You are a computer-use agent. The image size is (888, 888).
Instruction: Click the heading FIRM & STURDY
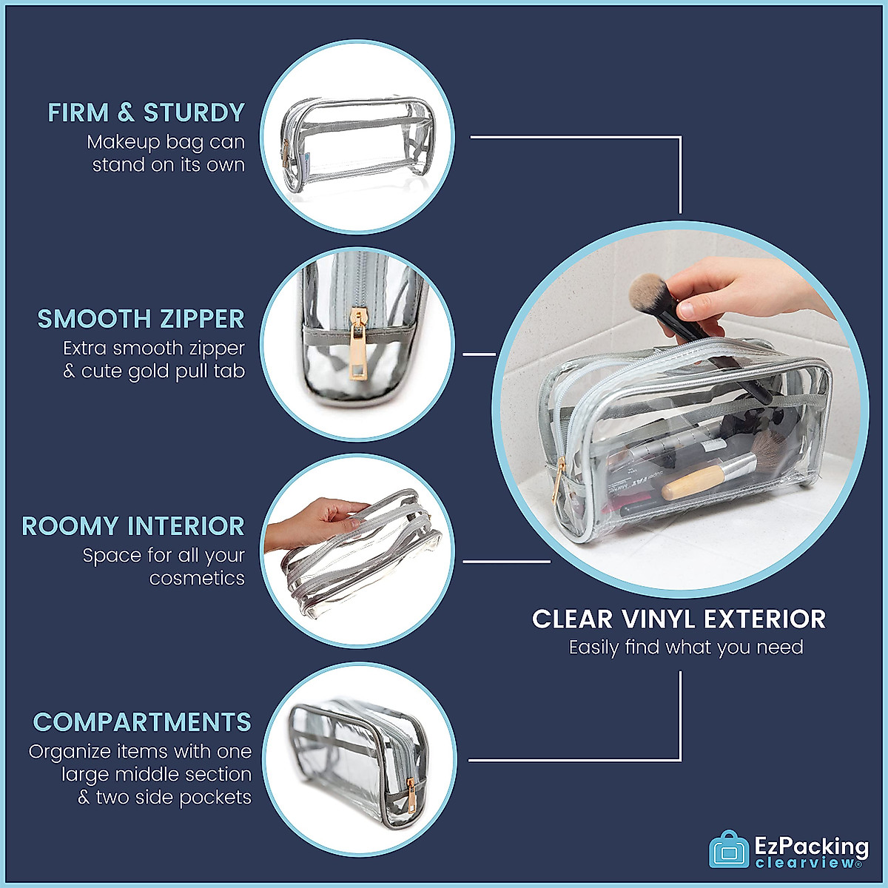(146, 112)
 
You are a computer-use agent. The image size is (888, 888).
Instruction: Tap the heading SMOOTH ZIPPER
(141, 319)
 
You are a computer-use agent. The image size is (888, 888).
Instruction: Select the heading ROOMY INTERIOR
(133, 526)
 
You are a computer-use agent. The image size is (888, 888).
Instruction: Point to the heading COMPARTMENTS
(142, 722)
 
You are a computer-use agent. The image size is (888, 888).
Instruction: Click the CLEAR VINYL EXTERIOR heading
(679, 619)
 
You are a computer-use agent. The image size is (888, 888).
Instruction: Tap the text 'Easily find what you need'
(686, 647)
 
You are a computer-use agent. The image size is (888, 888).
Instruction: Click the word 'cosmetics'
(197, 578)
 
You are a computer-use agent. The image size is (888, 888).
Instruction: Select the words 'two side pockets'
(174, 797)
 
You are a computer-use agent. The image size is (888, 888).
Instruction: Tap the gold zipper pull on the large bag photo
(559, 481)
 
